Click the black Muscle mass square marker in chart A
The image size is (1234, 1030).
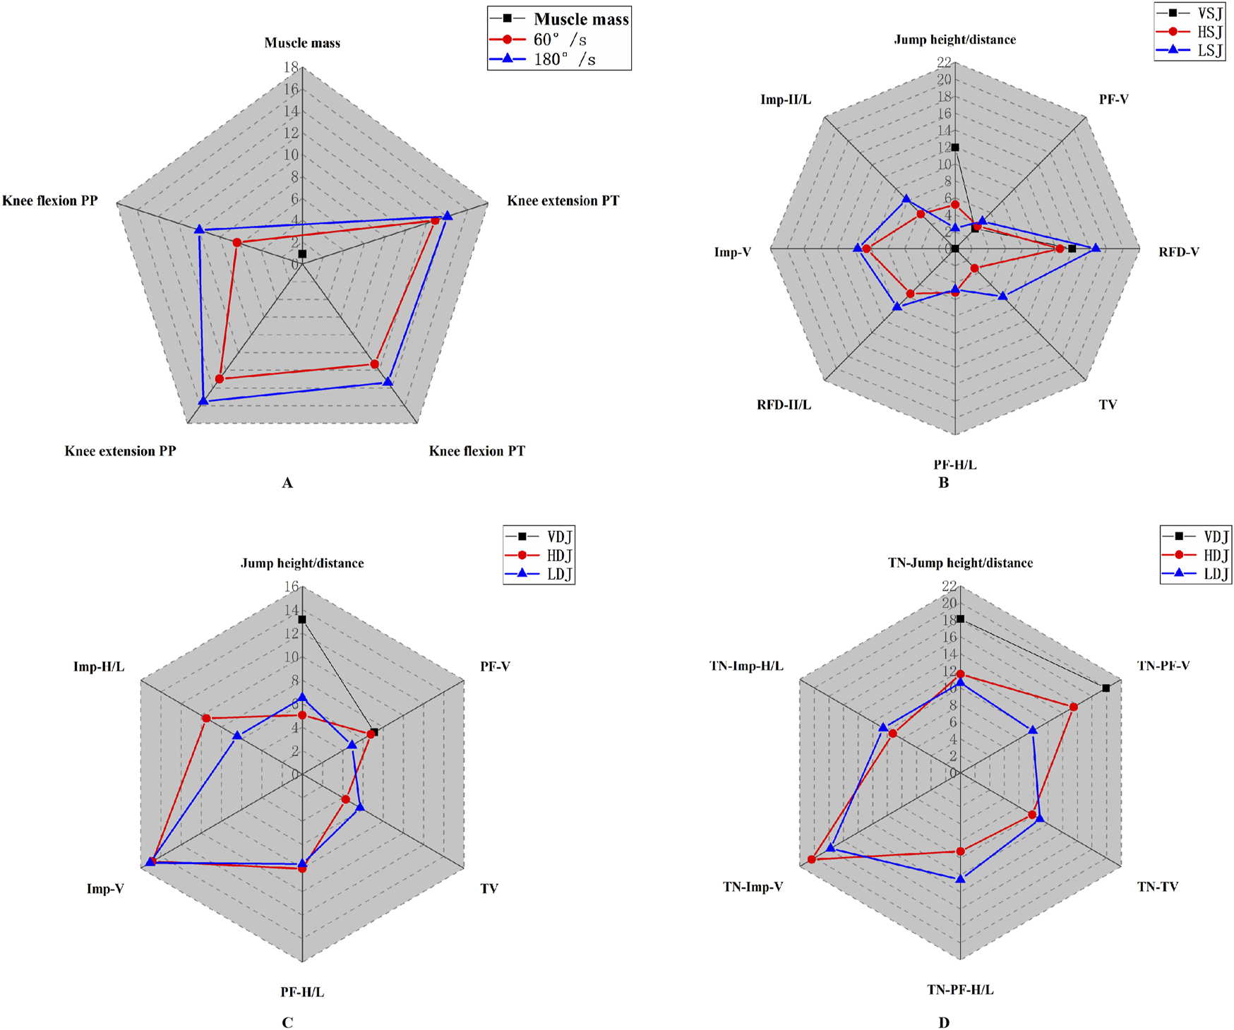pyautogui.click(x=302, y=253)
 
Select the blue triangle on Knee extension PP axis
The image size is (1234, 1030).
pyautogui.click(x=203, y=400)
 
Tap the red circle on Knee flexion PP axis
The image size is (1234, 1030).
pyautogui.click(x=237, y=243)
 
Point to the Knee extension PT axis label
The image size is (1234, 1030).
pyautogui.click(x=563, y=200)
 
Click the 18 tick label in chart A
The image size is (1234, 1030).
pyautogui.click(x=290, y=68)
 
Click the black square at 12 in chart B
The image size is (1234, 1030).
pyautogui.click(x=955, y=148)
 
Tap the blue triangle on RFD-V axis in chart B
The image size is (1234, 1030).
pyautogui.click(x=1096, y=248)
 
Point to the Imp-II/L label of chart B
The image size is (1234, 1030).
pyautogui.click(x=785, y=100)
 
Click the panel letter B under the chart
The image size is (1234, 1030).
pyautogui.click(x=943, y=483)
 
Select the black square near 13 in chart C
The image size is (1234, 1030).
pyautogui.click(x=302, y=620)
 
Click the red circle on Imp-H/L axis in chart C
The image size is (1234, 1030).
pyautogui.click(x=206, y=719)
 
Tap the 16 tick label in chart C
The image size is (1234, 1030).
pyautogui.click(x=291, y=587)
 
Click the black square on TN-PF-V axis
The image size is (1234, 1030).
pyautogui.click(x=1106, y=688)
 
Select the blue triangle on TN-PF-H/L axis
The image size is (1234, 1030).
pyautogui.click(x=960, y=878)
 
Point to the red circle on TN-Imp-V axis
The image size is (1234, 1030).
pyautogui.click(x=812, y=859)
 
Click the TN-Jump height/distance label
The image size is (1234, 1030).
pyautogui.click(x=960, y=563)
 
